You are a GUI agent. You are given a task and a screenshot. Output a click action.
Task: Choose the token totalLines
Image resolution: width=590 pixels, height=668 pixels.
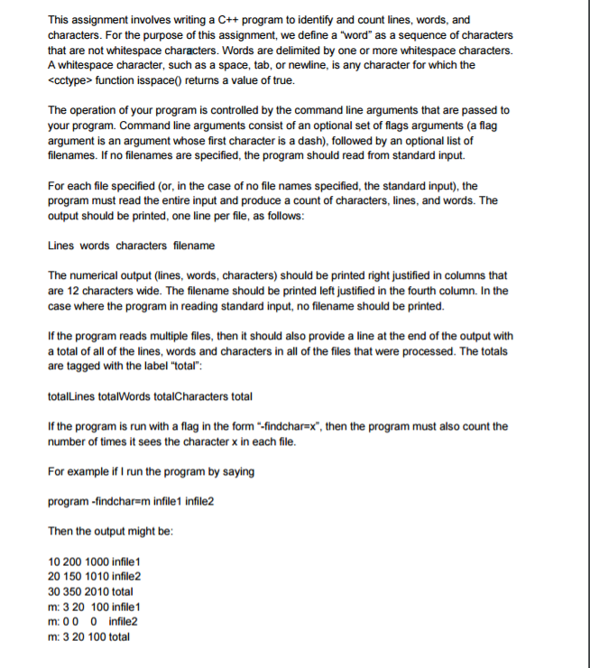tap(69, 396)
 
